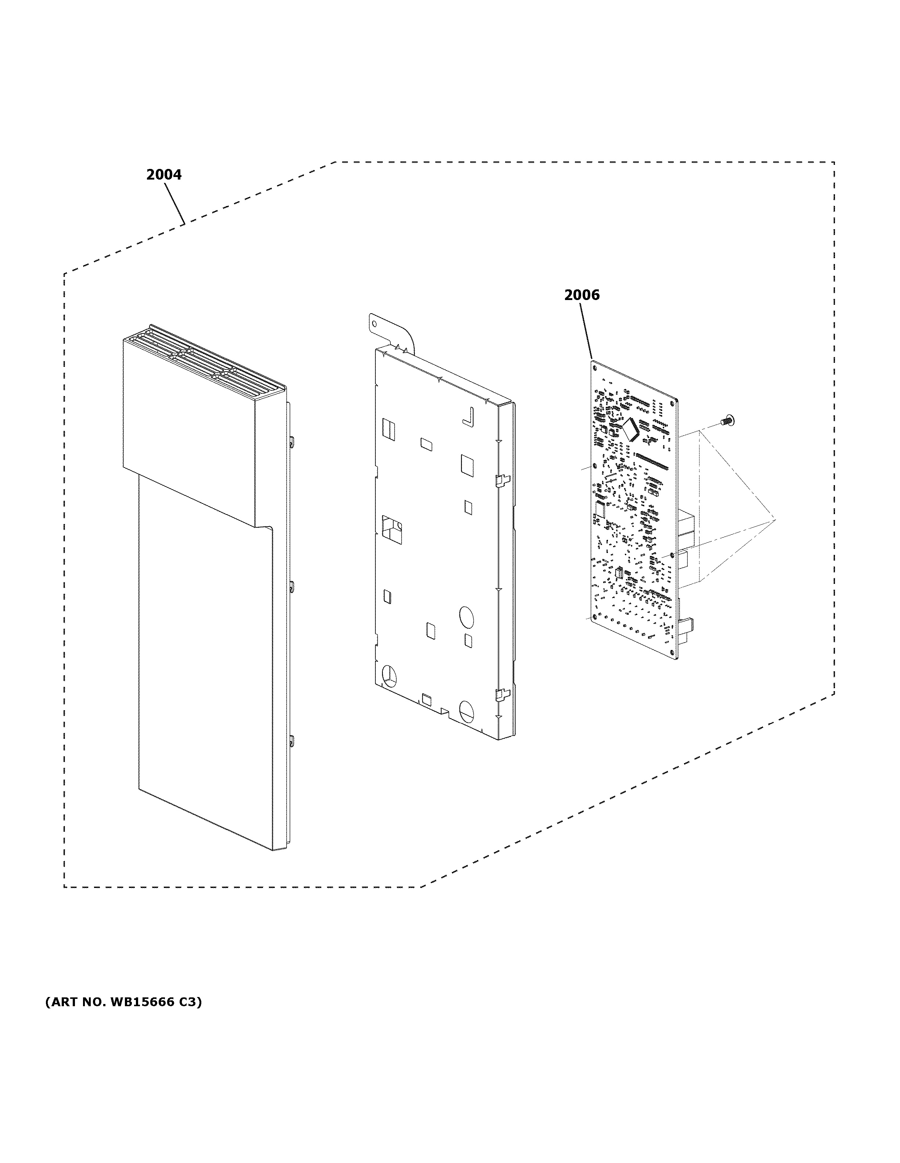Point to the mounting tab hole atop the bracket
[x=375, y=323]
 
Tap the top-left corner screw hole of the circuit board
[x=595, y=366]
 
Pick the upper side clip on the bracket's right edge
[x=501, y=480]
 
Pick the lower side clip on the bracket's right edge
[x=501, y=693]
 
